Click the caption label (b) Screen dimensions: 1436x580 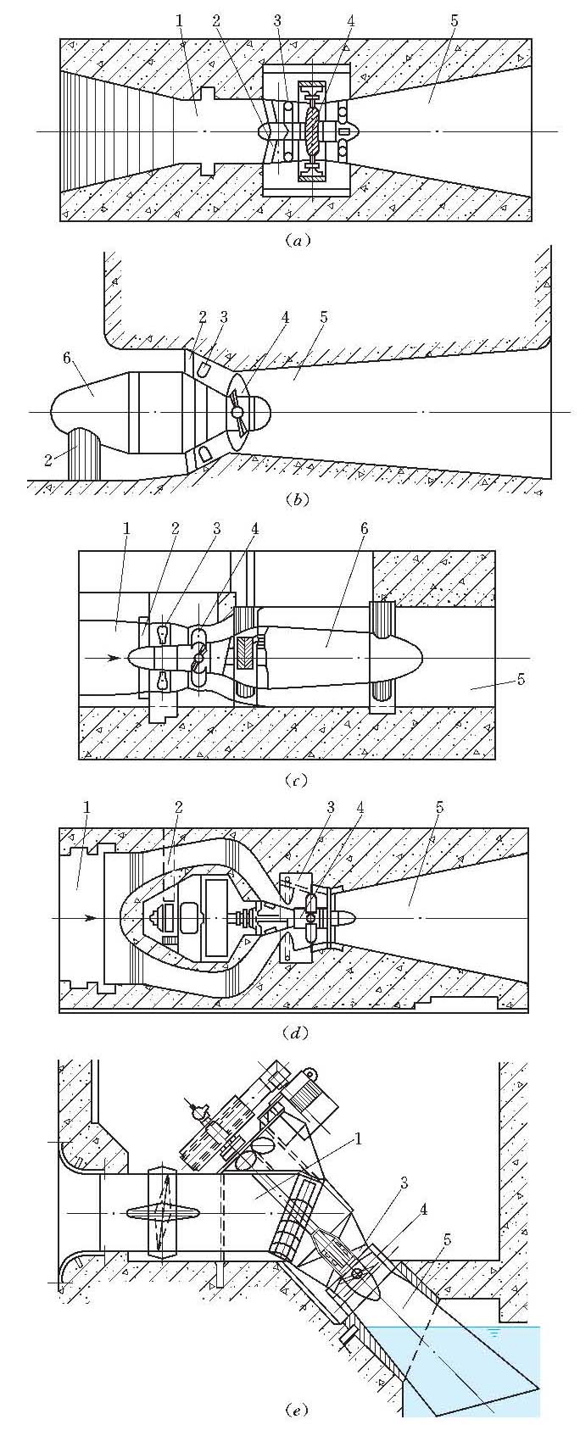pos(297,499)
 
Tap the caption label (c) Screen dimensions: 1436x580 pos(297,780)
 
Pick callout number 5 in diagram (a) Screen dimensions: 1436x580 pos(456,19)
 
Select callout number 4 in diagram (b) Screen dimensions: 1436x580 pos(286,318)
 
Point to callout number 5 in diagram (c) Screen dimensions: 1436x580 pos(521,678)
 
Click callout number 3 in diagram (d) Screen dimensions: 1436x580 pos(330,808)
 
